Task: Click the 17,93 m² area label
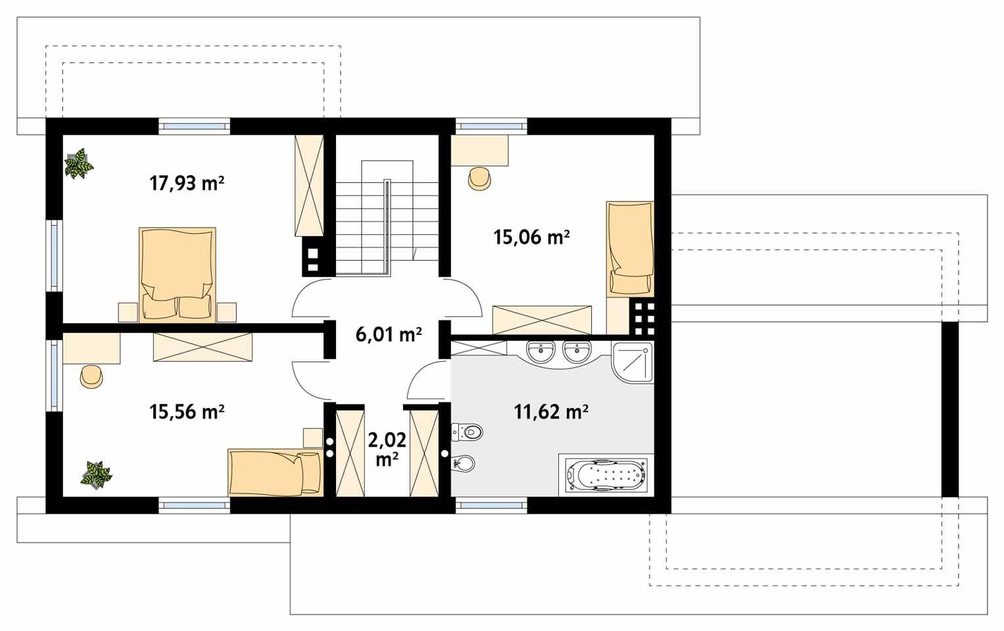point(187,183)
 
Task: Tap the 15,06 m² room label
point(531,237)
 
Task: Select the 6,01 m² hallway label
point(389,335)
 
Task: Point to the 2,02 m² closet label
point(387,449)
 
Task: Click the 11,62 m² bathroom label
point(550,412)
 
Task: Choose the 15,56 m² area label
point(187,412)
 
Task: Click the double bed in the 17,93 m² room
point(178,275)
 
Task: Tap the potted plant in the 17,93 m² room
point(79,164)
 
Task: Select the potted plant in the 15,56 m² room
point(96,474)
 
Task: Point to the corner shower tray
point(633,362)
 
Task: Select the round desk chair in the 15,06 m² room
point(479,178)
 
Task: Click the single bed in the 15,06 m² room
point(630,247)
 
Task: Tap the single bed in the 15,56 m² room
point(275,472)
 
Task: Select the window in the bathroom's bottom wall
point(491,505)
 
